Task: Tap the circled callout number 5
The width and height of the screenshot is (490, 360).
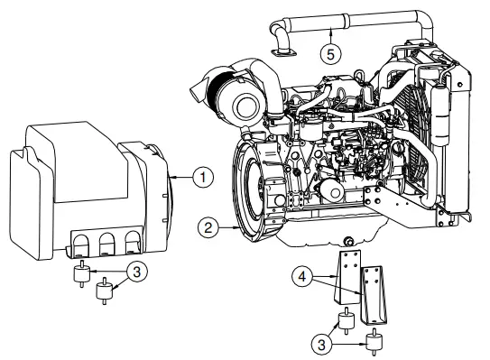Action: (331, 53)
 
